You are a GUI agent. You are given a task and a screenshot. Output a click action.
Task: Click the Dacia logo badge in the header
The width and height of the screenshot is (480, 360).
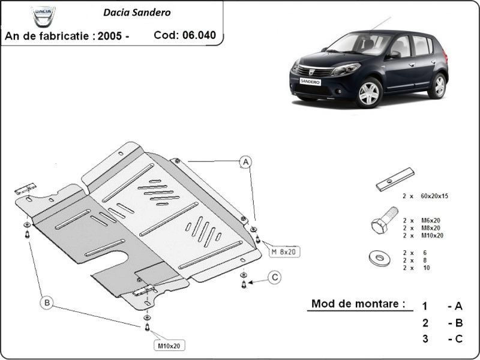click(x=43, y=16)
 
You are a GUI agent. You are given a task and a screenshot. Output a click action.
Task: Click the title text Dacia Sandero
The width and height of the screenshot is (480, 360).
click(x=137, y=12)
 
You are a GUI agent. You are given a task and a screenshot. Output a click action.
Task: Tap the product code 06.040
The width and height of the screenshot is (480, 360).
click(x=199, y=35)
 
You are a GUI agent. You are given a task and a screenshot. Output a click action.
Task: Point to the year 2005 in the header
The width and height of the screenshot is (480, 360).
click(x=110, y=36)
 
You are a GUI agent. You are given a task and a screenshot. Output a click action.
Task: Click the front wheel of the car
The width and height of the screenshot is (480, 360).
click(x=369, y=92)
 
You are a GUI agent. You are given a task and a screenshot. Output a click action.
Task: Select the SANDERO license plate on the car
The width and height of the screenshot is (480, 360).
click(x=310, y=81)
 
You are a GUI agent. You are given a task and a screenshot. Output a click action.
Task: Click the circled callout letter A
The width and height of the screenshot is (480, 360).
click(x=245, y=162)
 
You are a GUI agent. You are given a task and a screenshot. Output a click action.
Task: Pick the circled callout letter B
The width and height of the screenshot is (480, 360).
click(x=47, y=303)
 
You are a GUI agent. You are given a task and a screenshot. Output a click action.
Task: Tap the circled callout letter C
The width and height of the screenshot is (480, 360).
click(x=275, y=277)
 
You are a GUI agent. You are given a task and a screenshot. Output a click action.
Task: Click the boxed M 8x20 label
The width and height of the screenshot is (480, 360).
click(x=284, y=251)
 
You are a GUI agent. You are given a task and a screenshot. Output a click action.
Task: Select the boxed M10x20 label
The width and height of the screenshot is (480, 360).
click(x=169, y=346)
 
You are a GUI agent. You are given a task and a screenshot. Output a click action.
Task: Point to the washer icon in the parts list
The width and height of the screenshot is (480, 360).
click(x=379, y=259)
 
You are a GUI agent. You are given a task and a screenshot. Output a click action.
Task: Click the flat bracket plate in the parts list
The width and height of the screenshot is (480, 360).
click(x=395, y=179)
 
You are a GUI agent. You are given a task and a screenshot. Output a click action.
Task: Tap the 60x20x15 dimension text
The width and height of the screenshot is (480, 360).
click(x=434, y=196)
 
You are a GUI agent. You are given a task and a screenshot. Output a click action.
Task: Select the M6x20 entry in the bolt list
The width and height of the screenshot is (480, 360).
click(x=431, y=220)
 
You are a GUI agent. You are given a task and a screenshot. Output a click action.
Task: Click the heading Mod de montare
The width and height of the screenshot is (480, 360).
click(x=358, y=304)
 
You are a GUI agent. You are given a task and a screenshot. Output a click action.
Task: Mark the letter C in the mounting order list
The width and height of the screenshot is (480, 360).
click(x=458, y=339)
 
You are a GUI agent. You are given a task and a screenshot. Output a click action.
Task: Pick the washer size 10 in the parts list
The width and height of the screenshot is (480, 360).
click(x=427, y=268)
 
